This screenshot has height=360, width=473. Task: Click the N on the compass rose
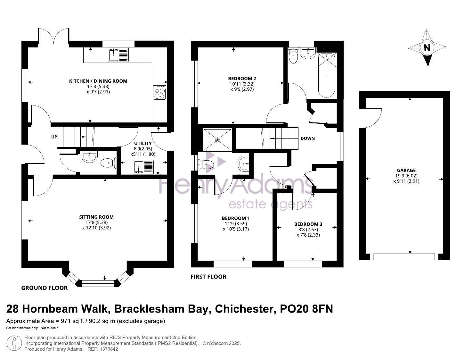[427, 47]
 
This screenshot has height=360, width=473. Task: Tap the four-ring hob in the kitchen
[160, 93]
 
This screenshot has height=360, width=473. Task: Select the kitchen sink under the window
[118, 55]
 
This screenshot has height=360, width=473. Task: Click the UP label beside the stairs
[54, 137]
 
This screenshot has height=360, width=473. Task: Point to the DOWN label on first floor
[307, 138]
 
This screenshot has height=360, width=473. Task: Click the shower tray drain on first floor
[217, 140]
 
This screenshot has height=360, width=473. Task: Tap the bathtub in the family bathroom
[326, 75]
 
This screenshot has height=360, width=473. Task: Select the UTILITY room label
[143, 143]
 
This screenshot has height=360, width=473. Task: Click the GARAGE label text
[406, 171]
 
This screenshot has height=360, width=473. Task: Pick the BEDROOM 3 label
[308, 224]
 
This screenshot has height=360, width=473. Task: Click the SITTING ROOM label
[96, 217]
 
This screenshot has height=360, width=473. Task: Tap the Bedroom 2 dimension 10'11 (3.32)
[242, 84]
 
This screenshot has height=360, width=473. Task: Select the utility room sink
[143, 167]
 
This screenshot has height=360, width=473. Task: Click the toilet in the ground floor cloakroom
[109, 163]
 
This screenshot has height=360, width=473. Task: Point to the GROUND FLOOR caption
[45, 288]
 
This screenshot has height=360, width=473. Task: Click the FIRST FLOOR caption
[208, 277]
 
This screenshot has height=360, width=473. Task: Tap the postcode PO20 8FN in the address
[306, 309]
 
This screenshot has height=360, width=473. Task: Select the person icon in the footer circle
[14, 343]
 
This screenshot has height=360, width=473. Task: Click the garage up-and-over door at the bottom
[404, 257]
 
